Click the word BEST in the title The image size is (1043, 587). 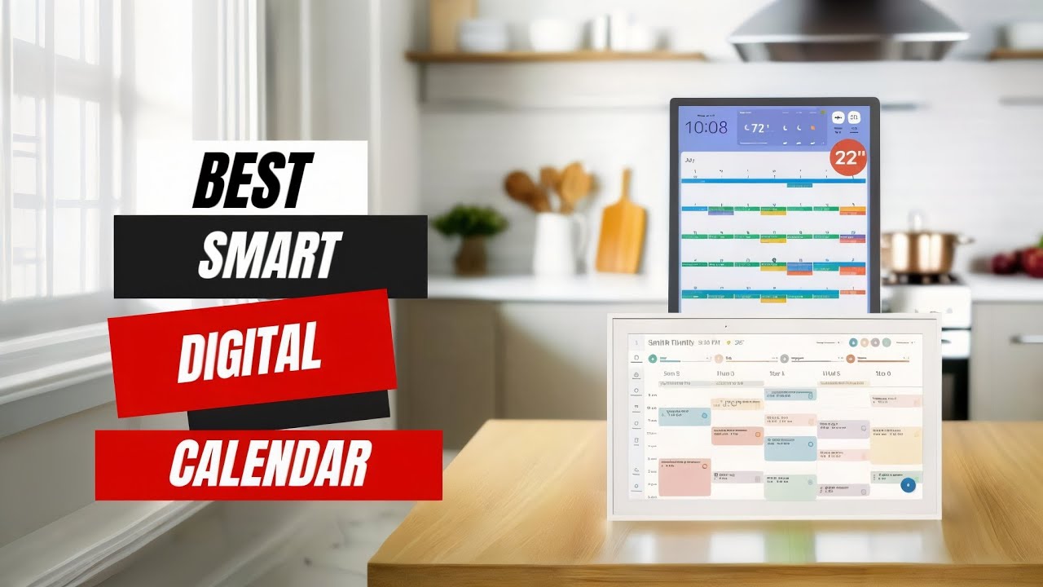tap(252, 180)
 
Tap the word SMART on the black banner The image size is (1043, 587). tap(270, 255)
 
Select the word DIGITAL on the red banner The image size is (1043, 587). tap(249, 352)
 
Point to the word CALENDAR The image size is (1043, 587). tap(270, 463)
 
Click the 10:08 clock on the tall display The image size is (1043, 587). tap(706, 128)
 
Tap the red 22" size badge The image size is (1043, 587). tap(849, 158)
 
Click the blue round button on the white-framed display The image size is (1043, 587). tap(909, 486)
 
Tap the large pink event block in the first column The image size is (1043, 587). tap(684, 477)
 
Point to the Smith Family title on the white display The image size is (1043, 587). tap(670, 342)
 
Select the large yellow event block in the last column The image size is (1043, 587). tap(896, 445)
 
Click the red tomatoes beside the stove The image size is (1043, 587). tap(1019, 262)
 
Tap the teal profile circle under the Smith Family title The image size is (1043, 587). tap(653, 358)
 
